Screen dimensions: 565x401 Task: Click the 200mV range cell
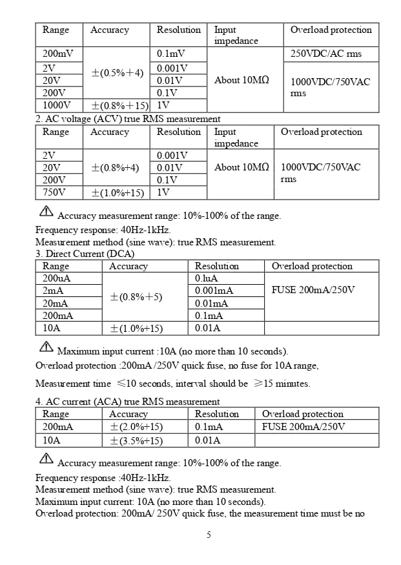(58, 54)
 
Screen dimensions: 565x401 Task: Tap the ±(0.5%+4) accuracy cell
(118, 73)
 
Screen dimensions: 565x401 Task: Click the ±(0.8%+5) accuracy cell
(136, 297)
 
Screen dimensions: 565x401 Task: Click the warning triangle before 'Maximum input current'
(46, 347)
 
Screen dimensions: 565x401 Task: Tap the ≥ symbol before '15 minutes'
(258, 384)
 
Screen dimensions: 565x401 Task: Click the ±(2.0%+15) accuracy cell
(136, 427)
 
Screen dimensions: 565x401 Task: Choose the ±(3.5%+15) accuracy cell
(136, 440)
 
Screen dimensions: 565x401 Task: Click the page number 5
(209, 535)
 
